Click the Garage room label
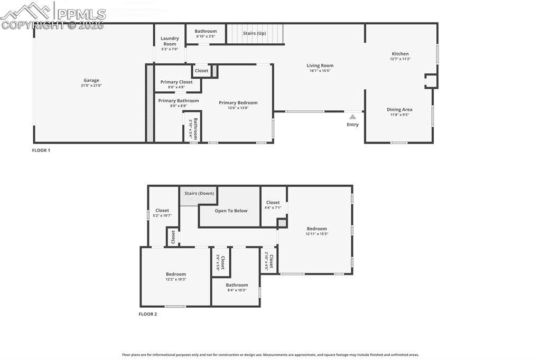[91, 80]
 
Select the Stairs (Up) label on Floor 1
[255, 33]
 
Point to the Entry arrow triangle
[352, 117]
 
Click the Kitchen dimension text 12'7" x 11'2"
[400, 59]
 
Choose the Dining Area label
[399, 109]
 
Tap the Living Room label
[320, 65]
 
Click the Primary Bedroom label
[238, 103]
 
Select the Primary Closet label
[176, 82]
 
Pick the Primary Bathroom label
[179, 101]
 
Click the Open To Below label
[231, 211]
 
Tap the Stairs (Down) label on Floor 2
[199, 193]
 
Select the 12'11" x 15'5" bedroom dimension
[317, 234]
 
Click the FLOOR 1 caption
[41, 150]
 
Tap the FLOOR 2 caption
[148, 314]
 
